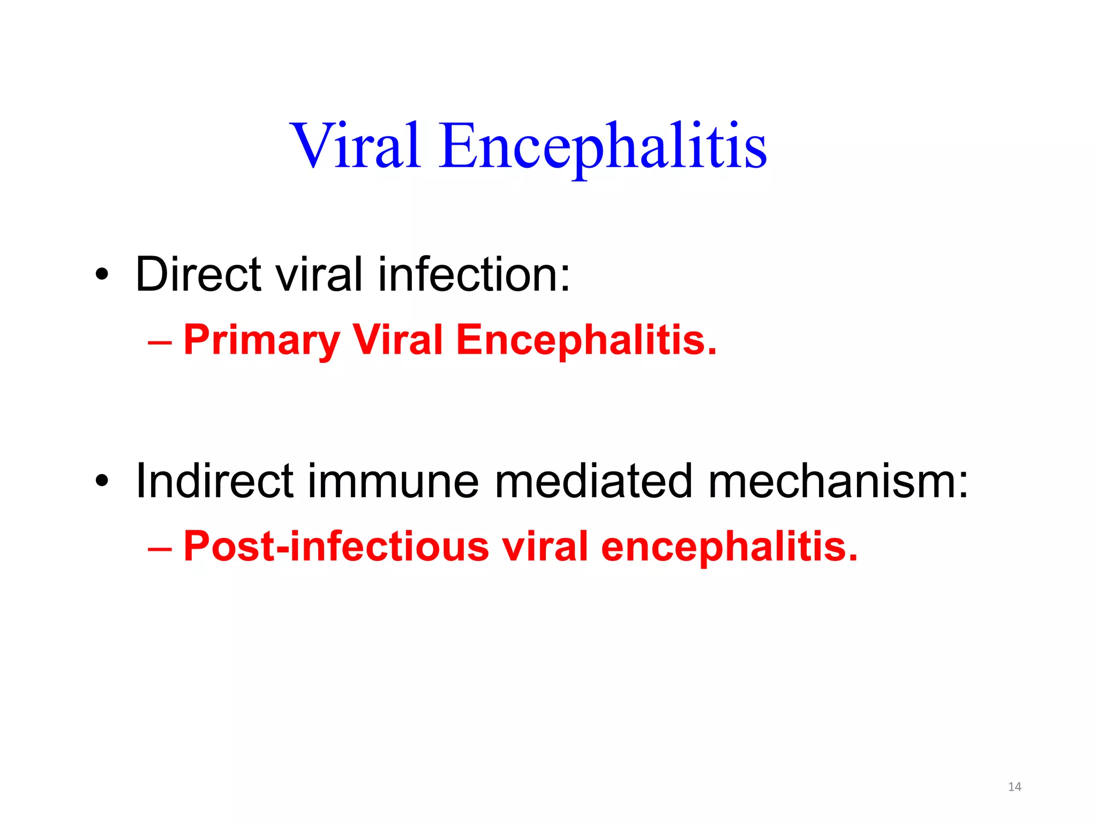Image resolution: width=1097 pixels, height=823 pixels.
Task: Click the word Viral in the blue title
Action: pyautogui.click(x=355, y=145)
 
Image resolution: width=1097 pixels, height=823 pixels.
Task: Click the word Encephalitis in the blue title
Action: pyautogui.click(x=603, y=146)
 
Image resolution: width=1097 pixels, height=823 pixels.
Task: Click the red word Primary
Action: pyautogui.click(x=262, y=340)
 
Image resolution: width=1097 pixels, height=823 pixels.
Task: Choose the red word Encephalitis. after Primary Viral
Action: pyautogui.click(x=586, y=340)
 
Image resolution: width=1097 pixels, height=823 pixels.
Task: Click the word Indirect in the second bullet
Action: pyautogui.click(x=214, y=481)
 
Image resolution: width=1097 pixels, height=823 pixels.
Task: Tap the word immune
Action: pyautogui.click(x=393, y=481)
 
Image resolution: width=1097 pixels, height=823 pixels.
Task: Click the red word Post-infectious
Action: pyautogui.click(x=336, y=546)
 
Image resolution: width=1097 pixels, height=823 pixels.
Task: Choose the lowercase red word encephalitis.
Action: pyautogui.click(x=729, y=547)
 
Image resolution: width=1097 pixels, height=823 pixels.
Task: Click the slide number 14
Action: pyautogui.click(x=1015, y=787)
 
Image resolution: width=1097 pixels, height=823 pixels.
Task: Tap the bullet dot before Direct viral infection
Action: pyautogui.click(x=102, y=275)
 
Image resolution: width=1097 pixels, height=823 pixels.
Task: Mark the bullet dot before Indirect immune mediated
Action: pyautogui.click(x=102, y=482)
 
